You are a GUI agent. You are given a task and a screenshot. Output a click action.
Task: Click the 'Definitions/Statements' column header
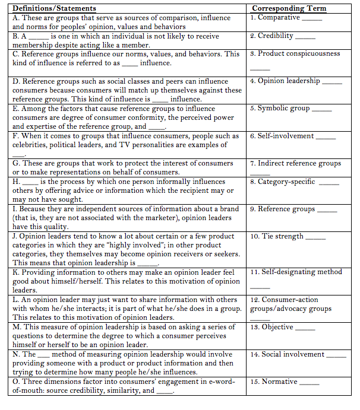(x=54, y=8)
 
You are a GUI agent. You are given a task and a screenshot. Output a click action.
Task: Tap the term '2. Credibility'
(x=272, y=36)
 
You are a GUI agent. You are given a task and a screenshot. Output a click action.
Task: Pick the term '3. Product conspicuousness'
(x=295, y=53)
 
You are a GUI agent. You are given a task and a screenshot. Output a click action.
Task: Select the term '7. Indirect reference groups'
(x=295, y=163)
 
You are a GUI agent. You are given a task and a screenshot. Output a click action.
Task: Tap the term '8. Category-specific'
(x=282, y=182)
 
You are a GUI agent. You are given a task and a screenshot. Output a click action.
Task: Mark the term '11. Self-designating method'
(x=296, y=272)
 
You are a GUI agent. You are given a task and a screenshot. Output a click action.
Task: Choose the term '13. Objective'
(x=271, y=327)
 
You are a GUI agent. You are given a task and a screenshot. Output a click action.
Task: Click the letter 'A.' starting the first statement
(x=17, y=18)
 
